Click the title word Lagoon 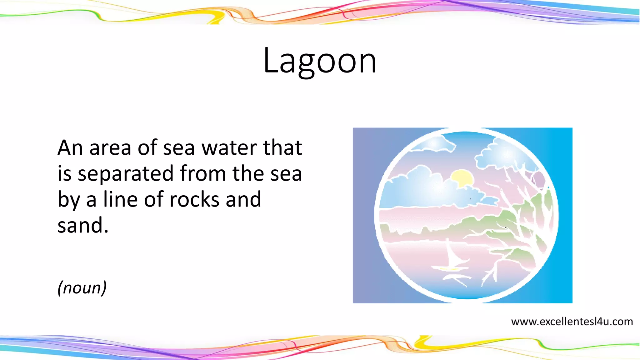[x=320, y=61]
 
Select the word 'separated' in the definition [x=125, y=174]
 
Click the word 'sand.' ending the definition [x=83, y=225]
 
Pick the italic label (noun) [x=82, y=287]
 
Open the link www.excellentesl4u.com [x=572, y=322]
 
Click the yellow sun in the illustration [x=462, y=178]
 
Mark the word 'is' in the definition [x=64, y=174]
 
